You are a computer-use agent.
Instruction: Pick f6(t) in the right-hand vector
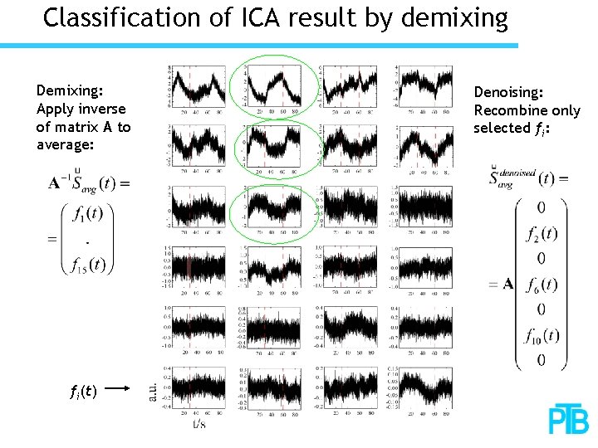[542, 284]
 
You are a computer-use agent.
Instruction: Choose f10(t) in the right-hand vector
[542, 335]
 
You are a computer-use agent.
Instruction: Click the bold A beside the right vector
[507, 285]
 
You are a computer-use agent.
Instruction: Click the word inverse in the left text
[100, 109]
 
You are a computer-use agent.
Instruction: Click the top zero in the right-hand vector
[541, 207]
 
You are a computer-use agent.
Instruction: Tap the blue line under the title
[258, 46]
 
